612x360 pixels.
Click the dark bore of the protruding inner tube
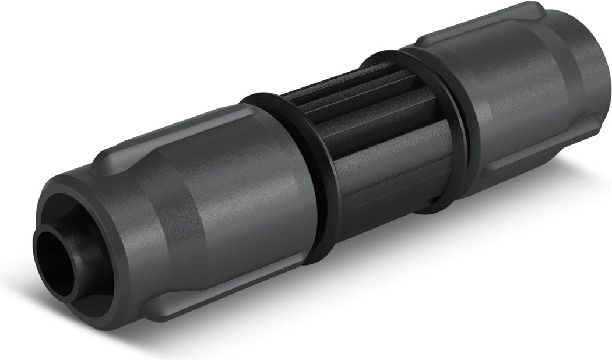point(51,262)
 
